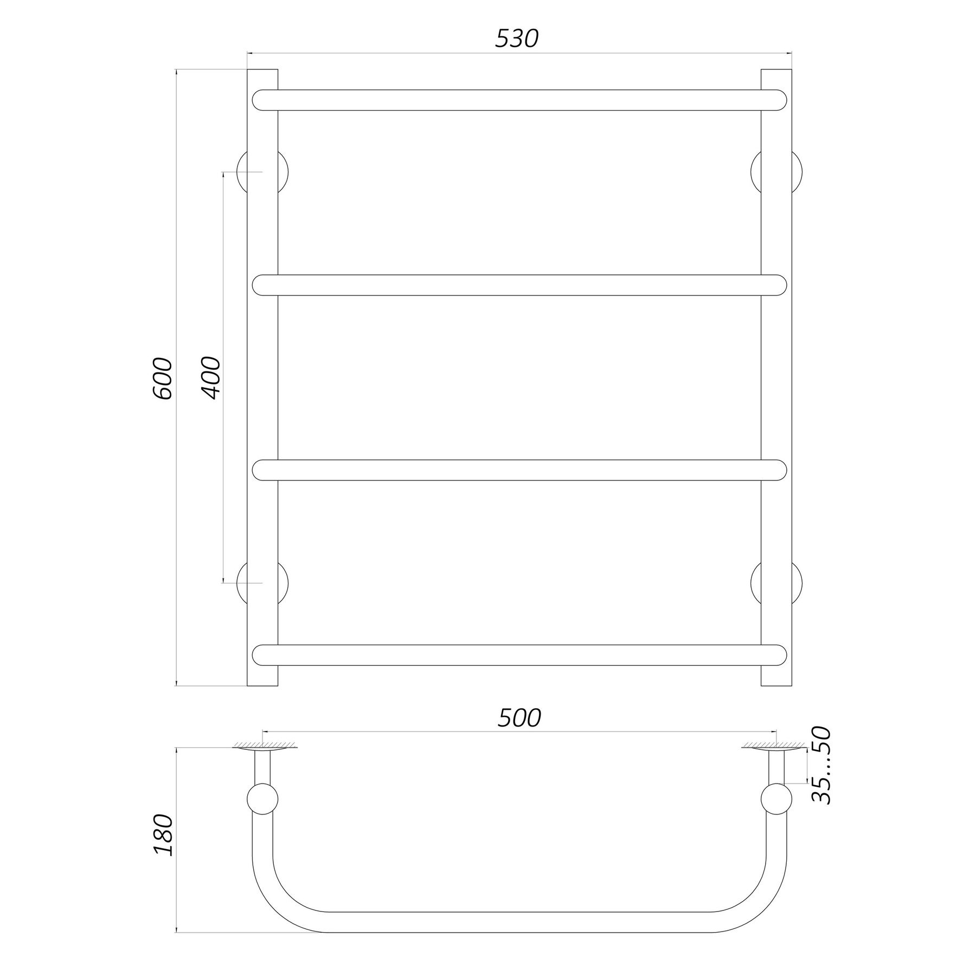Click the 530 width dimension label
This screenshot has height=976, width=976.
pos(516,38)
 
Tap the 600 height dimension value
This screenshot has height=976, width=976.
pos(163,378)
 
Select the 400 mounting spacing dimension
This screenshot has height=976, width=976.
pos(212,378)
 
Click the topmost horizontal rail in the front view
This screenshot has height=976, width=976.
pos(519,100)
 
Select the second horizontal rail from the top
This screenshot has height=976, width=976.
pos(519,285)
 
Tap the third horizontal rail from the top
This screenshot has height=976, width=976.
pos(519,470)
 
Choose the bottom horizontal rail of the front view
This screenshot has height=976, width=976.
pos(519,655)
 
